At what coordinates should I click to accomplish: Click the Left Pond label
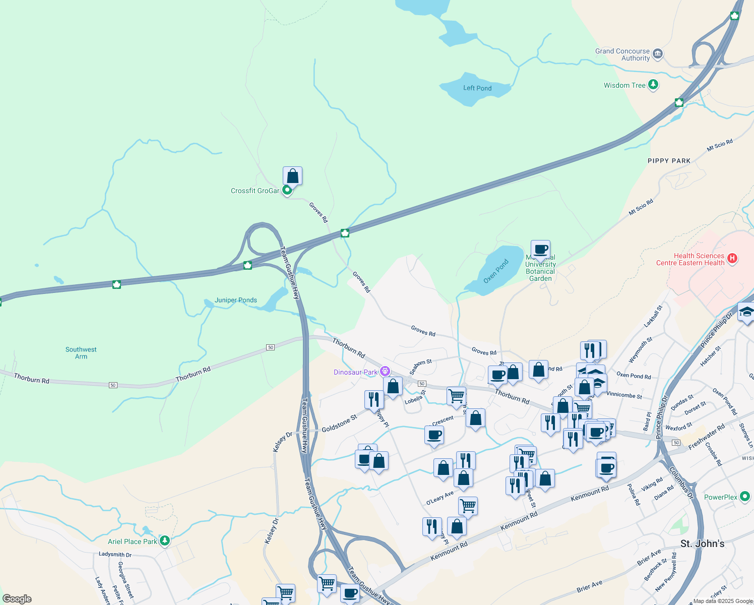(x=477, y=88)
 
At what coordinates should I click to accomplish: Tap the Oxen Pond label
(x=496, y=271)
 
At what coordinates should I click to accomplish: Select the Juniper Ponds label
(x=236, y=300)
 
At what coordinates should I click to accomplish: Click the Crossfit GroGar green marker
(x=287, y=190)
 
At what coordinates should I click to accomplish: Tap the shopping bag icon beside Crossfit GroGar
(x=292, y=176)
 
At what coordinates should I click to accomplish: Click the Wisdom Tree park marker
(x=653, y=85)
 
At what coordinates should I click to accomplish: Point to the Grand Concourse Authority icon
(x=657, y=53)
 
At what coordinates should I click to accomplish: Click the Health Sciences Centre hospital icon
(x=732, y=259)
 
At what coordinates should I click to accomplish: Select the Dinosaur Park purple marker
(x=385, y=372)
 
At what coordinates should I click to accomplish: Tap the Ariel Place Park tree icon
(x=164, y=541)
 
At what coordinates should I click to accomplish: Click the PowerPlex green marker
(x=745, y=497)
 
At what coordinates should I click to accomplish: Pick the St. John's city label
(x=702, y=543)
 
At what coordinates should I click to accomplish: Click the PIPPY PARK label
(x=669, y=161)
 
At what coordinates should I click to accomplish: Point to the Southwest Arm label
(x=81, y=353)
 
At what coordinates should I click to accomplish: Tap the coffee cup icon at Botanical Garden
(x=540, y=249)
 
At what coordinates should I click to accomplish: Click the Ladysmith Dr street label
(x=115, y=555)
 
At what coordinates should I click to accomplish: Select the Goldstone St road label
(x=339, y=423)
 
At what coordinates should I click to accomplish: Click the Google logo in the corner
(x=17, y=599)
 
